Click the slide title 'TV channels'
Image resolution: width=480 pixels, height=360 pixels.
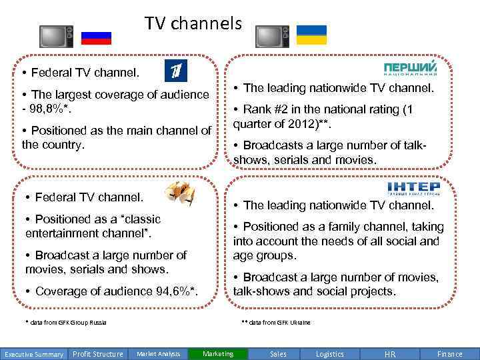click(x=193, y=24)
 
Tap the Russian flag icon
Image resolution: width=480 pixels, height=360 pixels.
click(x=96, y=37)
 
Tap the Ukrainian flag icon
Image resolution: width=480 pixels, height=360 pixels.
click(x=311, y=35)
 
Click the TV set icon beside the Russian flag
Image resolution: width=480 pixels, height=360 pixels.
click(x=52, y=37)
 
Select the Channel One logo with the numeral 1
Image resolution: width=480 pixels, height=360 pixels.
click(x=177, y=70)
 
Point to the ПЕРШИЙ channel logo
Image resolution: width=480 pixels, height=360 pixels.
click(x=411, y=69)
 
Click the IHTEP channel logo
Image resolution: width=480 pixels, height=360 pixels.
click(x=413, y=188)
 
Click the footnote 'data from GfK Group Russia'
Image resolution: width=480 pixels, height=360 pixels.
click(x=66, y=323)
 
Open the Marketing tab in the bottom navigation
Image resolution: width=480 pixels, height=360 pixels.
click(x=218, y=354)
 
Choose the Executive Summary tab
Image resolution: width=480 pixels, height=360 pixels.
click(x=33, y=354)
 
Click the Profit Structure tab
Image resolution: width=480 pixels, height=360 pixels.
click(x=97, y=354)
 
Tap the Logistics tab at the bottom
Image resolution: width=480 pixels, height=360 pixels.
click(x=330, y=354)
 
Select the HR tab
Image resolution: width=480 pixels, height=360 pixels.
click(x=390, y=354)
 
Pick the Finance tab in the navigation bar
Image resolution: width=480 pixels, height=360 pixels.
click(x=450, y=354)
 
